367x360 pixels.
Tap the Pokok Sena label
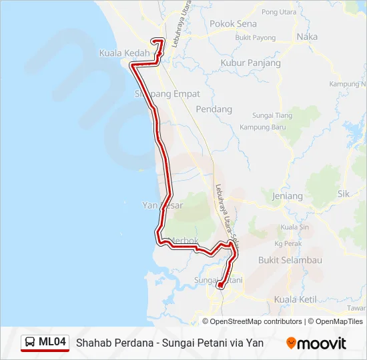(233, 23)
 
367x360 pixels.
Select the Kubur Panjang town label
(250, 63)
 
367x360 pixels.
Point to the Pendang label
(214, 109)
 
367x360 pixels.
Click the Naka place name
(307, 37)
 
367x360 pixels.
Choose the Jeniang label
(288, 196)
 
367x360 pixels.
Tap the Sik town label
(344, 194)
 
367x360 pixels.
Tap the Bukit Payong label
(256, 38)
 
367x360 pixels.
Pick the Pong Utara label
(279, 12)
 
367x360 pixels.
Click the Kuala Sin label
(294, 227)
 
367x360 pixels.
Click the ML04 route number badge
(52, 343)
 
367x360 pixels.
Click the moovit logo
(316, 343)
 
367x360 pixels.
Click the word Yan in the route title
(255, 343)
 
